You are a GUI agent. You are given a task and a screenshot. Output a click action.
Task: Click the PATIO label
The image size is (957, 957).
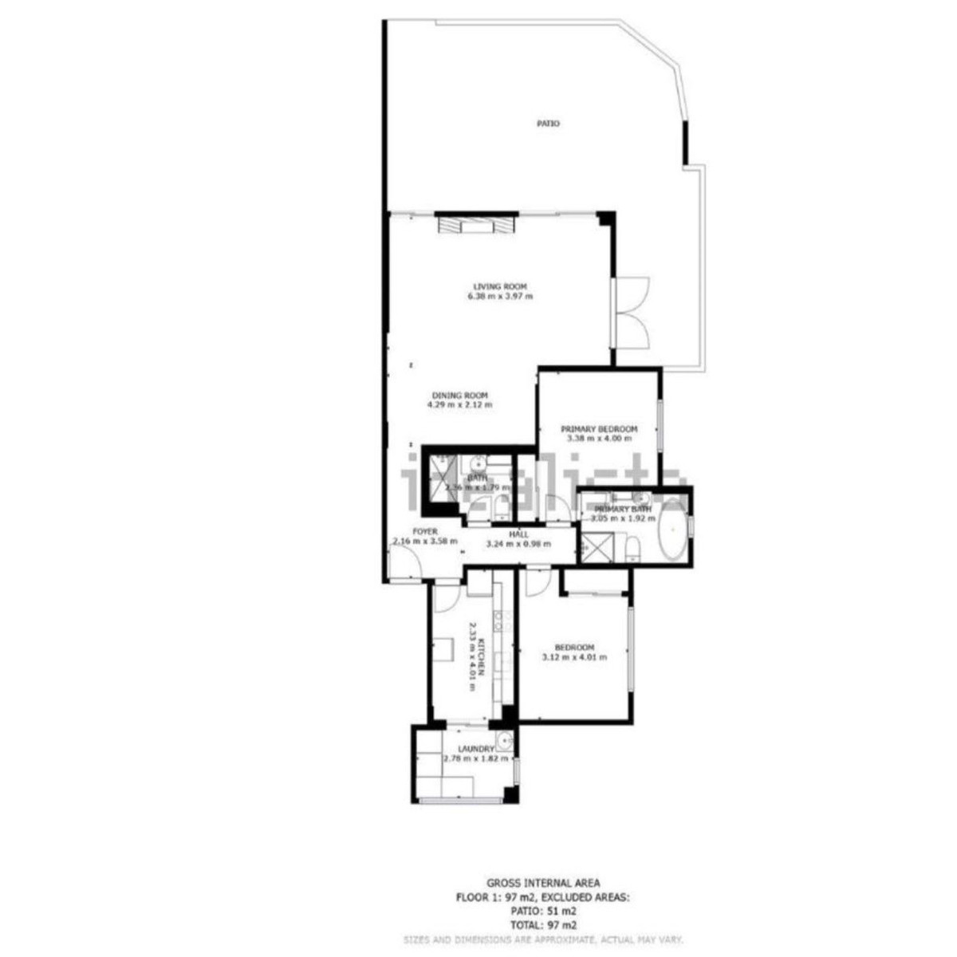coord(547,124)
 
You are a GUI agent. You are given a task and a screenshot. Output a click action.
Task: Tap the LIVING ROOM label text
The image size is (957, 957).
coord(500,287)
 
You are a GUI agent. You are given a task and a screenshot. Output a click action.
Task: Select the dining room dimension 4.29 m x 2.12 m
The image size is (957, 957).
coord(459,405)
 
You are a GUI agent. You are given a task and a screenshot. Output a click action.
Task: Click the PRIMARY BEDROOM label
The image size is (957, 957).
coord(598,429)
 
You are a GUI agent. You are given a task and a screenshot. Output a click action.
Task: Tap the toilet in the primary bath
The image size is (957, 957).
coord(632,549)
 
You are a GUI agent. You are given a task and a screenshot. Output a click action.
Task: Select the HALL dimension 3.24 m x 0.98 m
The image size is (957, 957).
coord(518,545)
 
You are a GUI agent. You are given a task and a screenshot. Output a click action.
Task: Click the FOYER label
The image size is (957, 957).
coord(424,531)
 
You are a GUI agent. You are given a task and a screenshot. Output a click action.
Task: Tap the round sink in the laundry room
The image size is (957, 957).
coord(503,743)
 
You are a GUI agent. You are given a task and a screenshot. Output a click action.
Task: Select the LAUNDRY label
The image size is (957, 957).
coord(476,750)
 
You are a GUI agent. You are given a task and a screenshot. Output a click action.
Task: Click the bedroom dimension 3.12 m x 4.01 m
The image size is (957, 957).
coord(574,658)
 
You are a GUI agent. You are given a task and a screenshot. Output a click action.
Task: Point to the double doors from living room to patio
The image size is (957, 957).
coord(632,313)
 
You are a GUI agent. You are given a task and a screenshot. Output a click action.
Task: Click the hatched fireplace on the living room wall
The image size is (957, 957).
coord(476,225)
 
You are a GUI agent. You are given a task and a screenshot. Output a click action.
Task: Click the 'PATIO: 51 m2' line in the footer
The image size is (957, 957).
coord(542,911)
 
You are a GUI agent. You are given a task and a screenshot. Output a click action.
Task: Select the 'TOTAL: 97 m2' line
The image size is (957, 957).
coord(542,925)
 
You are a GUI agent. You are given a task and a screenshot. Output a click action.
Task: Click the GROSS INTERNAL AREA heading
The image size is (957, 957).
coord(542,883)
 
